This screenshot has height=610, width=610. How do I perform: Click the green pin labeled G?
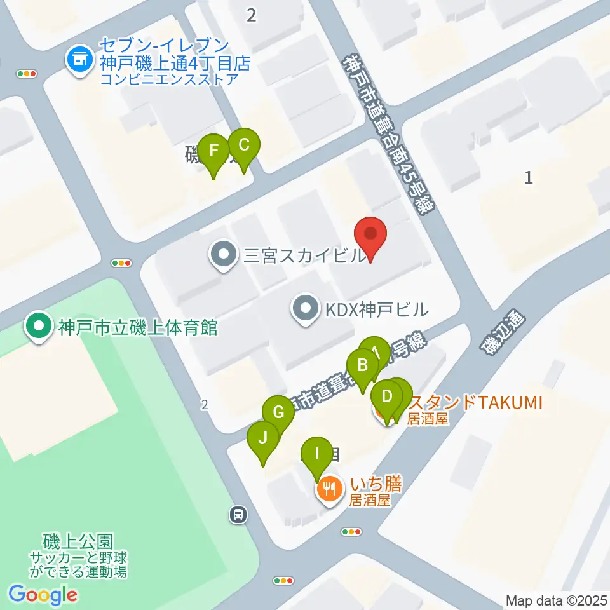[278, 414]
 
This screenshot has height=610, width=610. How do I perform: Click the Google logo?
[43, 594]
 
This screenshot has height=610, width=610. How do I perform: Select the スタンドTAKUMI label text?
[473, 402]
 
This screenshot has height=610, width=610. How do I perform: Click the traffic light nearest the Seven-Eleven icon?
[27, 74]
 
